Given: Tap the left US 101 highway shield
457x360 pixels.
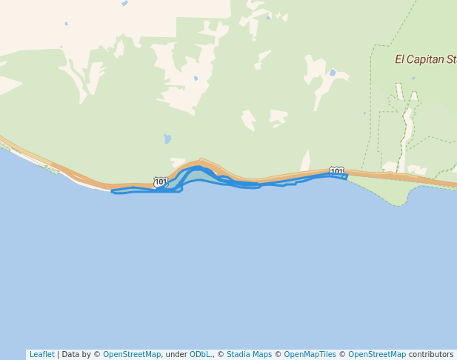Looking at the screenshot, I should [161, 181].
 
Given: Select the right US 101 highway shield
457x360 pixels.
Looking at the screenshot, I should [337, 171].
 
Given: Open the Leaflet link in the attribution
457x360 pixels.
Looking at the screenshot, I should [41, 355].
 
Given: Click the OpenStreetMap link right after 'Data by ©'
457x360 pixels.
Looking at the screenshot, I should [132, 355].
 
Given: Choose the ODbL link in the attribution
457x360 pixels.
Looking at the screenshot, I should [201, 355].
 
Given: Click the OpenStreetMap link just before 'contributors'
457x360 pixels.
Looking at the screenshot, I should [377, 355].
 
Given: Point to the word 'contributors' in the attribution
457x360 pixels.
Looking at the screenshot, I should [430, 355].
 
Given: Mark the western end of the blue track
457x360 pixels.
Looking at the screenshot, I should [113, 192].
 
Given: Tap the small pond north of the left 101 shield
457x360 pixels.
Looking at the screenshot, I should [167, 139].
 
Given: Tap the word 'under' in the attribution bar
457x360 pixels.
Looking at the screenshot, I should [176, 355].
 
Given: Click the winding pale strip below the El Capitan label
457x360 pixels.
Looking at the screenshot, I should [404, 126].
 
